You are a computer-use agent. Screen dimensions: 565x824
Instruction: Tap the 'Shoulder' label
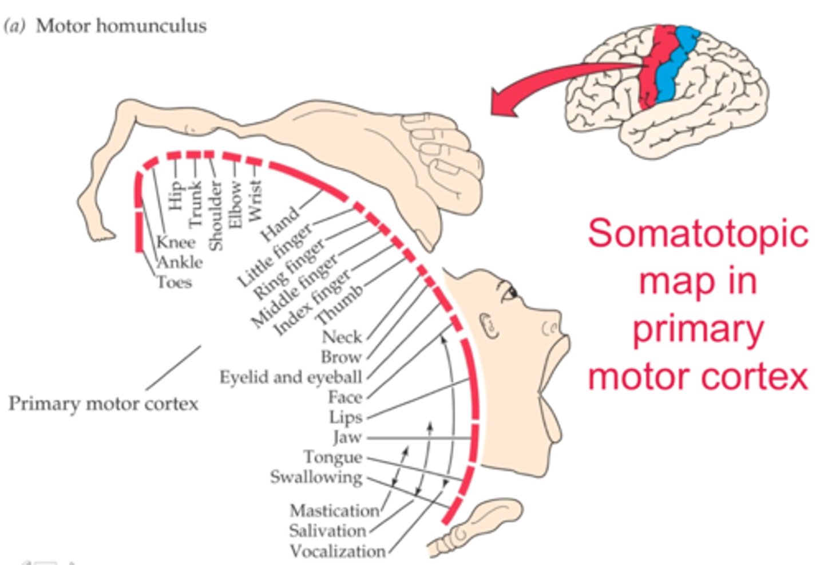pos(215,215)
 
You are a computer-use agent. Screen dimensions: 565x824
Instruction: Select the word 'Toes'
pos(175,282)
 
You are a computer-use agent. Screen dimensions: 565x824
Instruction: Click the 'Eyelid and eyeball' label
pos(291,377)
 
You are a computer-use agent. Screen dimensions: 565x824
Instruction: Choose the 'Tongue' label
pos(332,457)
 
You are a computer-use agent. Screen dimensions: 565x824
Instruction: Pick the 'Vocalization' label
pos(337,551)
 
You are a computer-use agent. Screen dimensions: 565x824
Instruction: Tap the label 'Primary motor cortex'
pos(104,404)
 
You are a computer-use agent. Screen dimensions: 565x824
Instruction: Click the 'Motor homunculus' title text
pos(121,26)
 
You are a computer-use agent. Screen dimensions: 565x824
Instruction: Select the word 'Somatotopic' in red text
pos(698,233)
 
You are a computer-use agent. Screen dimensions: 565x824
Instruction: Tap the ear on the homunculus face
pos(489,326)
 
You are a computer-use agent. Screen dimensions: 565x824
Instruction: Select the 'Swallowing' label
pos(316,477)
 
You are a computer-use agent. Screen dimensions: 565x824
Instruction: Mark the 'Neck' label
pos(342,337)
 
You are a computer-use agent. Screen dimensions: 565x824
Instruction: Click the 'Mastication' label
pos(334,510)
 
